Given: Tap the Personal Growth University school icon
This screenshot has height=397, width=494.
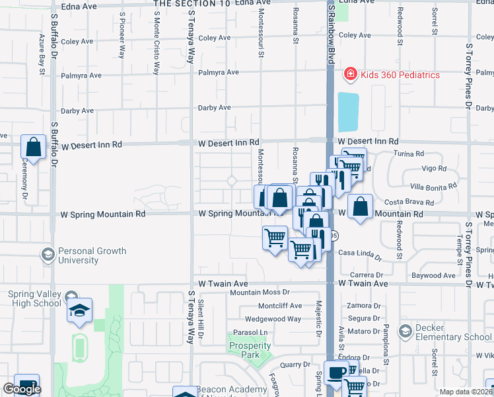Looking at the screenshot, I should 47,255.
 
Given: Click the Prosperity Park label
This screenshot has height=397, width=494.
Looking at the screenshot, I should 250,350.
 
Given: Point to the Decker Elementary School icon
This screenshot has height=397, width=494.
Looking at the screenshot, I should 406,329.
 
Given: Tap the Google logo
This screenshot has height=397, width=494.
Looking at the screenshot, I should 22,389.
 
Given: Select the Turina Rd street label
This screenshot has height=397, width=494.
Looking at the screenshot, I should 409,154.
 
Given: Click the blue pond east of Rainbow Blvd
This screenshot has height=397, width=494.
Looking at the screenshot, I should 348,112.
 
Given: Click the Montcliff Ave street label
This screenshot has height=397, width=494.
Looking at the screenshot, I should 279,306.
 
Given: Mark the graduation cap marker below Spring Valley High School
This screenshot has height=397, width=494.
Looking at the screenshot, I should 79,312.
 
